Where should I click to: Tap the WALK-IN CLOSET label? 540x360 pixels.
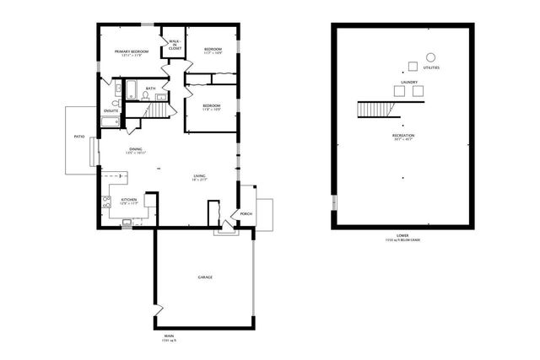pos(175,46)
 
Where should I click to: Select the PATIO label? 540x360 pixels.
pos(78,136)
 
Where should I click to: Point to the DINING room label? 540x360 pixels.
pos(136,149)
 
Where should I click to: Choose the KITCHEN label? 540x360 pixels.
pos(129,200)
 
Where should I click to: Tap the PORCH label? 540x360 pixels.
pos(246,213)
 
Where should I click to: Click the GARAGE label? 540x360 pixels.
pos(204,277)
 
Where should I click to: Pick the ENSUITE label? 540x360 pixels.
pos(111,110)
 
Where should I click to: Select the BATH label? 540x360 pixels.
pos(150,89)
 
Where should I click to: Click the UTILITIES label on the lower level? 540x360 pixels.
pos(431,67)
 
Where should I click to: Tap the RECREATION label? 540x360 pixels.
pos(403,135)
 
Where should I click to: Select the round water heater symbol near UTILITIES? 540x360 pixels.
pos(429,57)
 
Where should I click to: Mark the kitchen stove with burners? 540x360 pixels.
pos(107,201)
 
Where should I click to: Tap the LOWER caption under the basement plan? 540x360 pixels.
pos(403,235)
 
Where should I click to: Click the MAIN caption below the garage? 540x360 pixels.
pos(170,336)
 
